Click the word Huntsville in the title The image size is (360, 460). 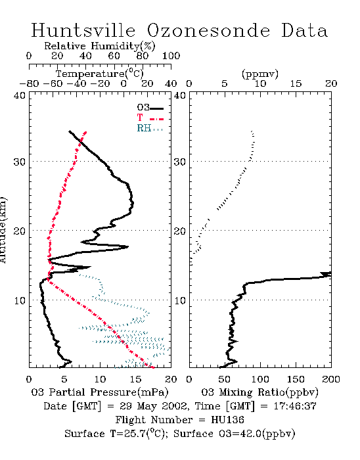click(x=83, y=30)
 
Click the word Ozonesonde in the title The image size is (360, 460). click(x=208, y=31)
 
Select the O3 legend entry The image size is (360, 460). click(x=150, y=108)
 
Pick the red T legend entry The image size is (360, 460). click(x=150, y=118)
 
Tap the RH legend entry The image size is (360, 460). click(x=150, y=128)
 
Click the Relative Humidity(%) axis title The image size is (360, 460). click(x=100, y=46)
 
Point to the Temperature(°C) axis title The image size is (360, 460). click(x=100, y=74)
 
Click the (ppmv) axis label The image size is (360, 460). click(x=260, y=74)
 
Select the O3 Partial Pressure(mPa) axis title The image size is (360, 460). click(x=100, y=392)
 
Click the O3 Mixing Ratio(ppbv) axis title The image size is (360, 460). click(x=259, y=392)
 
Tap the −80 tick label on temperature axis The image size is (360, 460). click(x=29, y=84)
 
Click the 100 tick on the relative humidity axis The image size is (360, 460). click(x=171, y=56)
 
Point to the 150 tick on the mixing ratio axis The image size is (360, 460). click(x=296, y=379)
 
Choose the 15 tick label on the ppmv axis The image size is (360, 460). click(x=296, y=84)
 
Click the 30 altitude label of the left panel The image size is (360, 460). click(x=20, y=162)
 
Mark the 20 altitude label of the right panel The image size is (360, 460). click(x=180, y=231)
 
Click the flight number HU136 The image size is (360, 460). click(x=227, y=420)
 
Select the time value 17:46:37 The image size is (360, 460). click(x=295, y=406)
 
